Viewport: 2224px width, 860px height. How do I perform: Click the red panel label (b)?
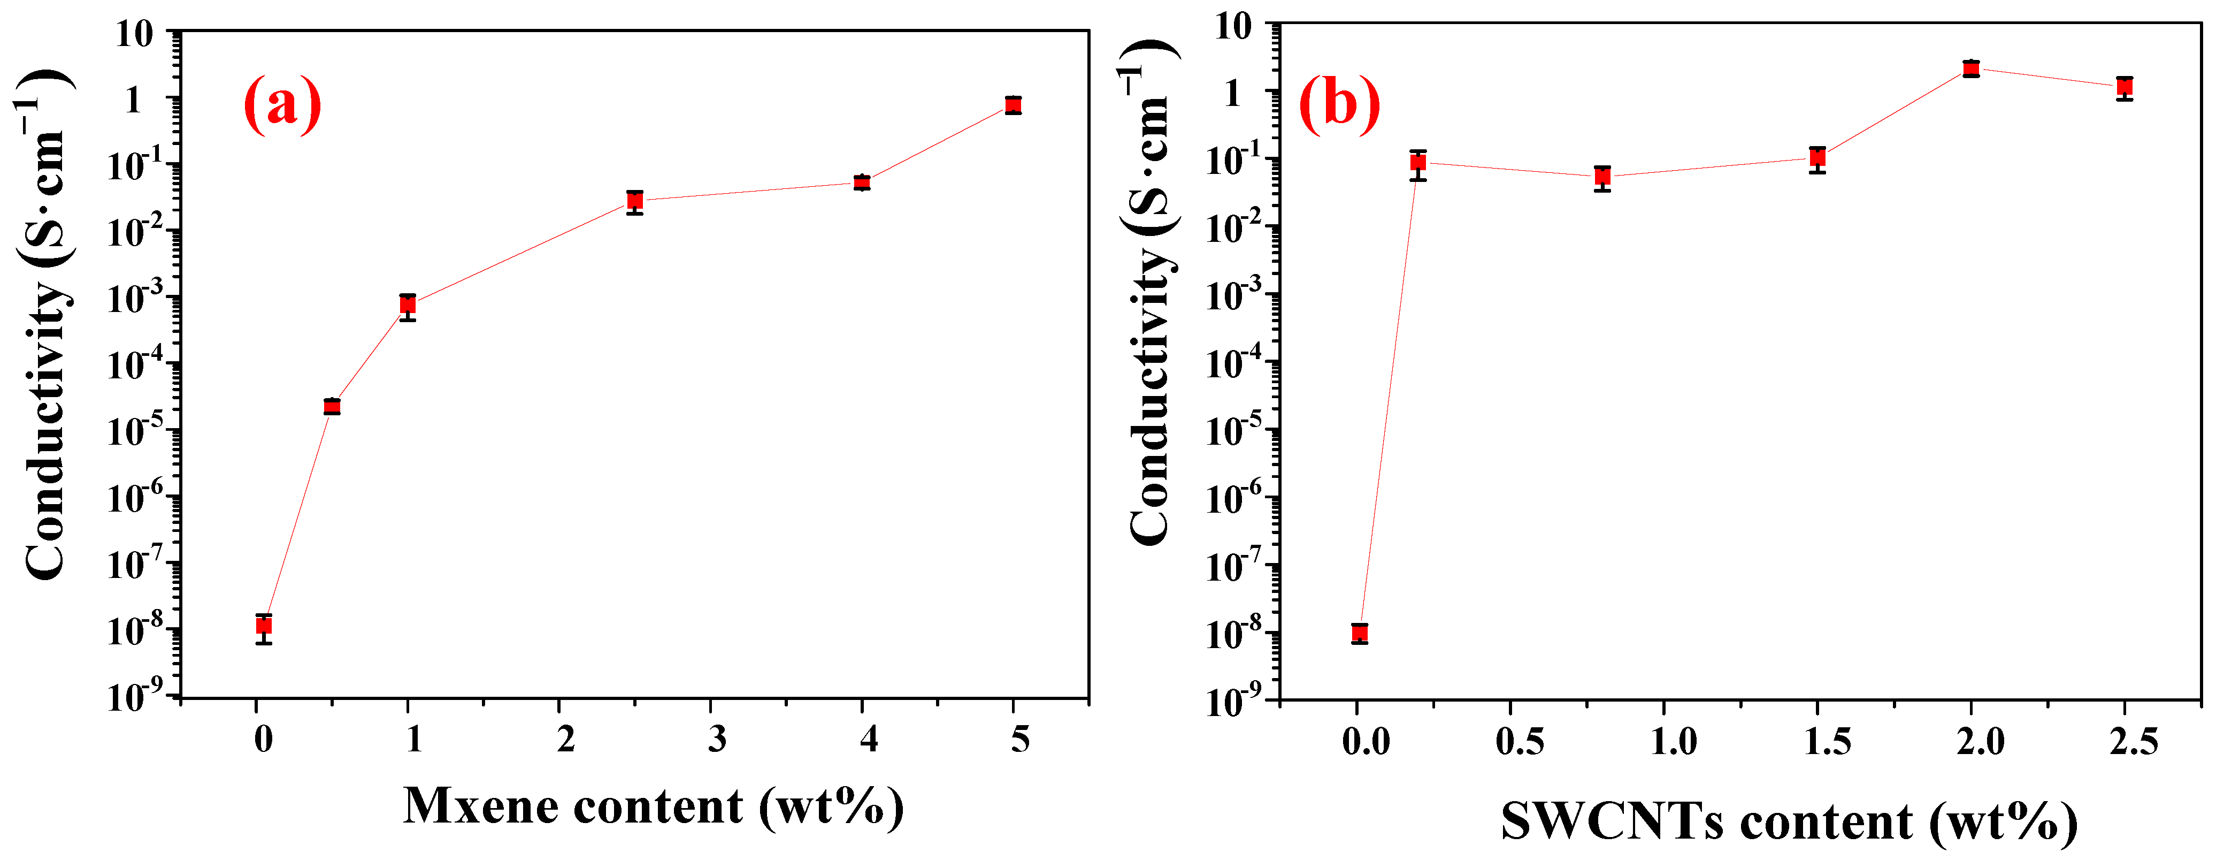point(1339,104)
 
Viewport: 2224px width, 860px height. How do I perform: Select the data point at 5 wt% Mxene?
point(1014,105)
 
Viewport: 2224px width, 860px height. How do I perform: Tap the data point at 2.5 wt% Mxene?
point(634,200)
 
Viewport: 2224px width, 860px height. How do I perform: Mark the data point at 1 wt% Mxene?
point(408,305)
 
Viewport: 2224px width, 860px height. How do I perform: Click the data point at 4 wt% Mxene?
point(862,182)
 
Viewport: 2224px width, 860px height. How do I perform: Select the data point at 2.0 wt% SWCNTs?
point(1971,68)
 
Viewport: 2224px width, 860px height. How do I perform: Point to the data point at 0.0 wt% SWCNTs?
point(1360,633)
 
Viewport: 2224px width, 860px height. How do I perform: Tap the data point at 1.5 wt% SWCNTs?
point(1817,157)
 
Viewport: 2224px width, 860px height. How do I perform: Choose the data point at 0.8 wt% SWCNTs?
point(1602,177)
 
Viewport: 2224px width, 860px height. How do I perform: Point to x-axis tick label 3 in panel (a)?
point(717,739)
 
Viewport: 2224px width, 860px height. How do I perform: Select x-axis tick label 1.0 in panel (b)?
point(1673,742)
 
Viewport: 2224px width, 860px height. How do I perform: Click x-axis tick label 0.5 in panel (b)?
point(1520,742)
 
